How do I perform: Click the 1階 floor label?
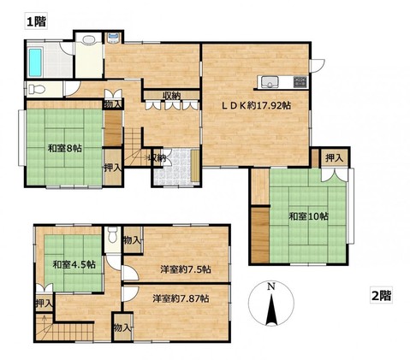[36, 21]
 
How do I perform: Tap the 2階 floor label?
[381, 295]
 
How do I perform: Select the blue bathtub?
[35, 62]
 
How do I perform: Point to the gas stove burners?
[300, 82]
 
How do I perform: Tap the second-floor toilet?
[113, 234]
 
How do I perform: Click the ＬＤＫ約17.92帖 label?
[257, 106]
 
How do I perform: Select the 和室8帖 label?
[65, 148]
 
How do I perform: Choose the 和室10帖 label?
[308, 216]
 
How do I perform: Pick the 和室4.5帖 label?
[74, 264]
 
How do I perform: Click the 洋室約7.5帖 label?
[186, 269]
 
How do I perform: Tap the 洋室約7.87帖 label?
[181, 298]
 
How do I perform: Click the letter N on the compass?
[271, 286]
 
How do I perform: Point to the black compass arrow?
[271, 310]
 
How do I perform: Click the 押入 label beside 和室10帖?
[334, 157]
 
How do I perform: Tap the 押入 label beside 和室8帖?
[113, 168]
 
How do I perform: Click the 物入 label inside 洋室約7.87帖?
[122, 328]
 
